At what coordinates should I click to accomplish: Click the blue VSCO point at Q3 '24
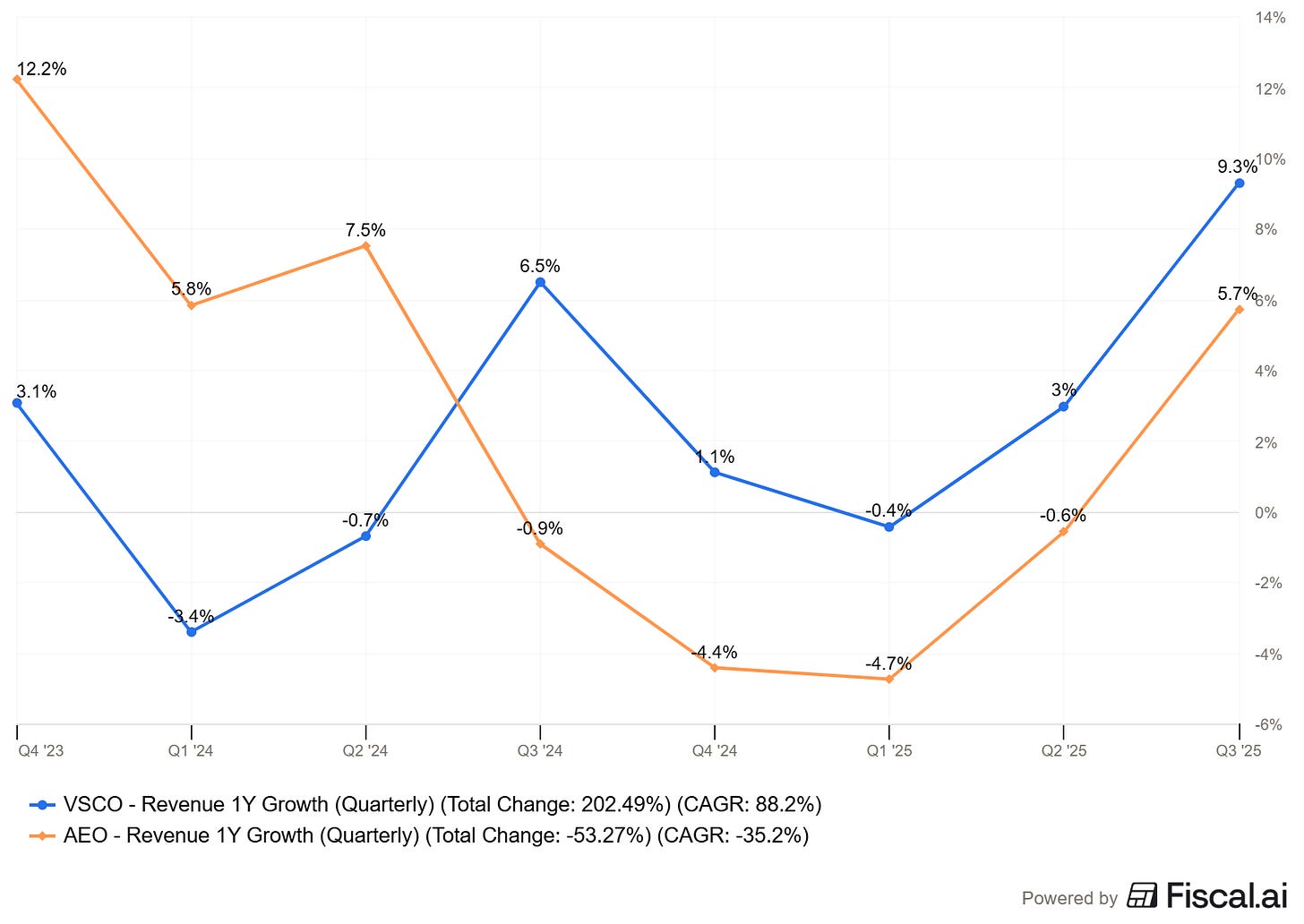coord(540,282)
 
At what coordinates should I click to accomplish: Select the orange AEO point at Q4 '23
coord(17,79)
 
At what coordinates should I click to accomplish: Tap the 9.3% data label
coord(1237,167)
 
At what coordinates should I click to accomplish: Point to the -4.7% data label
coord(888,663)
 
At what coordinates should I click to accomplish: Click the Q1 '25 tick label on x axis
coord(888,750)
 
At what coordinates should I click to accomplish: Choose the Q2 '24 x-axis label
coord(365,750)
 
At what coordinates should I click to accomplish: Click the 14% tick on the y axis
coord(1271,18)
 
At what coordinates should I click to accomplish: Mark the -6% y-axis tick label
coord(1269,724)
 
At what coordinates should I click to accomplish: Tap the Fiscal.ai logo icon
coord(1142,895)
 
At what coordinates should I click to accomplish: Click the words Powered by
coord(1069,898)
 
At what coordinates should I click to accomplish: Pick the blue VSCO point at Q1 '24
coord(191,632)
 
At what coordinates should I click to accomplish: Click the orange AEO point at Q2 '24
coord(365,245)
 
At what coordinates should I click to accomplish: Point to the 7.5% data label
coord(365,230)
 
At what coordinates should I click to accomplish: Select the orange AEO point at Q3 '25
coord(1240,310)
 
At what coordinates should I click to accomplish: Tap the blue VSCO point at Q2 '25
coord(1063,406)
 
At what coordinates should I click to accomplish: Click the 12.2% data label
coord(41,69)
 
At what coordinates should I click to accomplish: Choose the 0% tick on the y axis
coord(1265,513)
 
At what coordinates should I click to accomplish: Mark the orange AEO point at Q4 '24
coord(714,668)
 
